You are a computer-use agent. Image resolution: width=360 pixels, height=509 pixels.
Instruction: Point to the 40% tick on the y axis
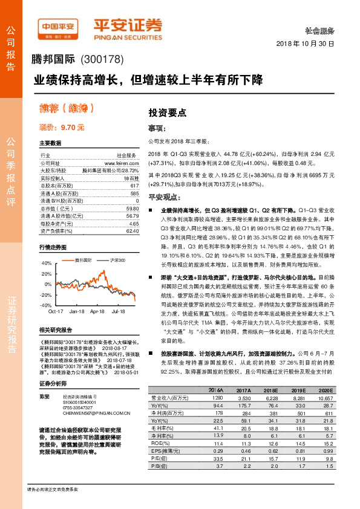tap(47, 264)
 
